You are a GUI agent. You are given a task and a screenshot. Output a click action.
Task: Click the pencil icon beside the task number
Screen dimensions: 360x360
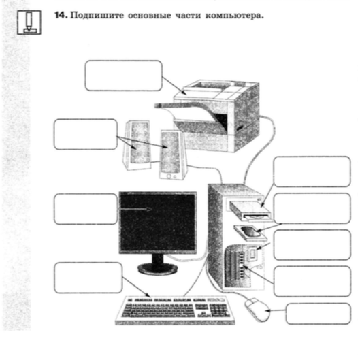29,22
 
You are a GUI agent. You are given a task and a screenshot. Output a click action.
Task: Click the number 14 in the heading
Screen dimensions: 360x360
61,16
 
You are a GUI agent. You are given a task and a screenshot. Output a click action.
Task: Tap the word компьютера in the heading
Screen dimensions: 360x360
234,16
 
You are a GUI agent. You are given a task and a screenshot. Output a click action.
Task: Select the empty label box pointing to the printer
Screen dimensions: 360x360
124,76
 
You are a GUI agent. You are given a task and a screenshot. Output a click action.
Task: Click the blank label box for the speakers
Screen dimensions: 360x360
86,134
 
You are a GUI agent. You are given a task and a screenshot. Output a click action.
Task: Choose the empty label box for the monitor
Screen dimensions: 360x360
86,209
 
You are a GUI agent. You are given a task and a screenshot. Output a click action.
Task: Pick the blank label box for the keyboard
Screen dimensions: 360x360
88,278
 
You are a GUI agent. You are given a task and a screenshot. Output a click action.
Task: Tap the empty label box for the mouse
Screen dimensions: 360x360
318,314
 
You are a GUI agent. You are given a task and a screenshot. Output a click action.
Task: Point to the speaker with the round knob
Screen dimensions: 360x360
173,154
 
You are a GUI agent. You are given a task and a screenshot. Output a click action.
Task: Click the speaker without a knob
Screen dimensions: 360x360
137,145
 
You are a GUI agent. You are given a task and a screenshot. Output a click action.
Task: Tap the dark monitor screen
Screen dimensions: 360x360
158,222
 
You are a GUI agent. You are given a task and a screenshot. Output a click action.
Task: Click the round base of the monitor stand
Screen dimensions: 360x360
158,269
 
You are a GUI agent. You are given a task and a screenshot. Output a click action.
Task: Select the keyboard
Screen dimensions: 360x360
175,310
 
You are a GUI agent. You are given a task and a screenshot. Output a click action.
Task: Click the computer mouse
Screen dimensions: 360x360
258,310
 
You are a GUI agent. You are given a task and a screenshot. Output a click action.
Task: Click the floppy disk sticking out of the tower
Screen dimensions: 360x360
250,233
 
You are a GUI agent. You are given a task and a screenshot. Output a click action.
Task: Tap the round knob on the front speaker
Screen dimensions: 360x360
169,176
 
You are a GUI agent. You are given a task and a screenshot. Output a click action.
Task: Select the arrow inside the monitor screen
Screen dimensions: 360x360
135,209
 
